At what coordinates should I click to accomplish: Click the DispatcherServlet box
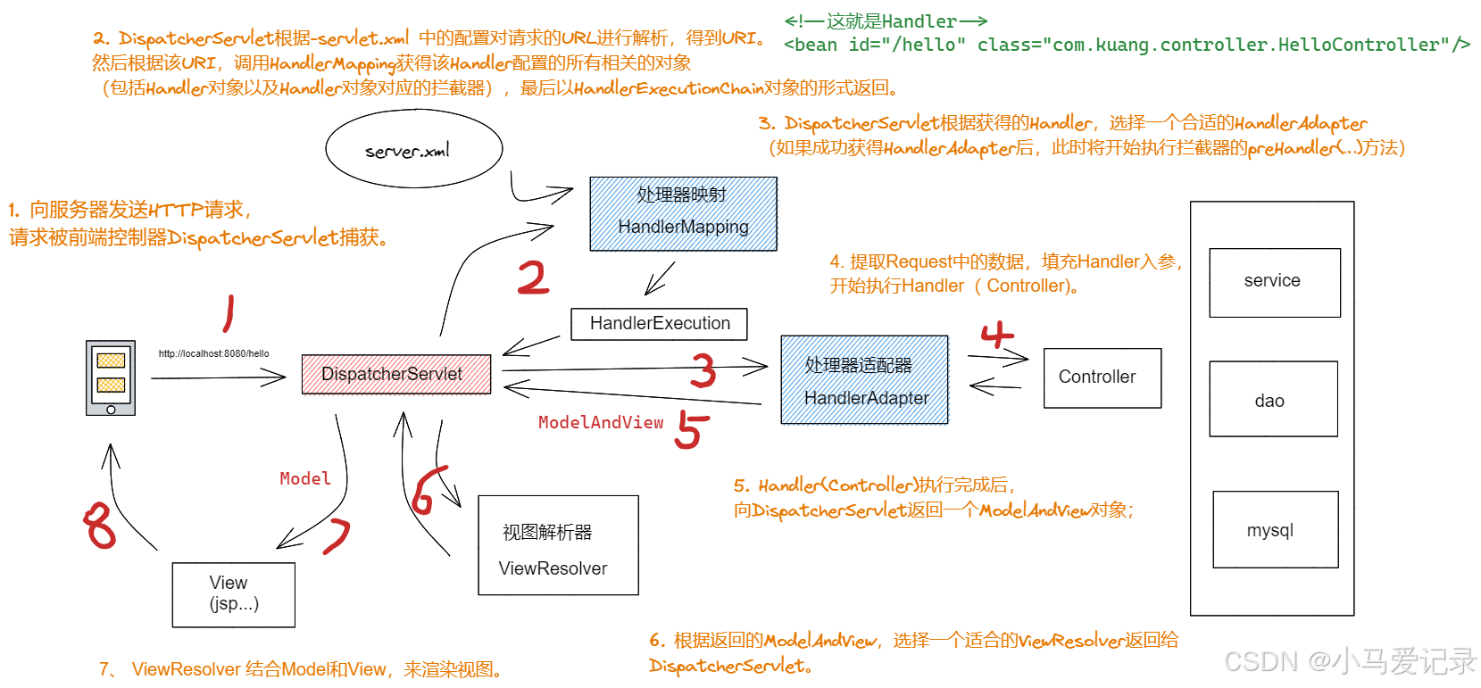(395, 374)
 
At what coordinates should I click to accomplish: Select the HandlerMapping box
(683, 213)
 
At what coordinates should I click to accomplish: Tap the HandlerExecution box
(659, 324)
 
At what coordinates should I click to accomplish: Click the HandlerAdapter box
(864, 379)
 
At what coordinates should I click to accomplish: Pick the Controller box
(1102, 377)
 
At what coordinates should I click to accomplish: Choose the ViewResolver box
(558, 545)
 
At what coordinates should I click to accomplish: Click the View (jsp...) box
(233, 594)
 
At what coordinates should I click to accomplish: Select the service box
(1274, 282)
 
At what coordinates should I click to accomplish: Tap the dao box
(1272, 399)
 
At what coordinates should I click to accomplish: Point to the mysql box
(1274, 529)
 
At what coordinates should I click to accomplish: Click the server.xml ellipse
(413, 150)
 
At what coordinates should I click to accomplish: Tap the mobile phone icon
(111, 377)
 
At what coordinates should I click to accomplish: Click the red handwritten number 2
(533, 278)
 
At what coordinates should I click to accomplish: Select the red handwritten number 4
(997, 335)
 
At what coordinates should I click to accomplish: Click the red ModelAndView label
(600, 423)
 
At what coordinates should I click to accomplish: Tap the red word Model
(304, 479)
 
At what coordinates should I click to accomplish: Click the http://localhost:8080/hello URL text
(213, 353)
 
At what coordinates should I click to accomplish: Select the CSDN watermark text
(1349, 661)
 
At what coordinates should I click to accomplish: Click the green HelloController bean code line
(1126, 45)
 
